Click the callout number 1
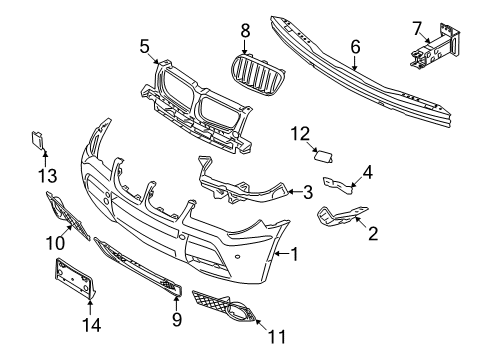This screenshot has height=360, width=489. coord(295,254)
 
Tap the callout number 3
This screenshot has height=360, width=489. coord(309,190)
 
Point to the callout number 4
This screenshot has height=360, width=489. coord(368,171)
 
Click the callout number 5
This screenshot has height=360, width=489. coord(144,45)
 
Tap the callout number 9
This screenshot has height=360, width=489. coord(176,320)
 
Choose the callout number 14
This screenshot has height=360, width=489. coord(90,326)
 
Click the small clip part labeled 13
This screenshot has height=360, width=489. coord(38,141)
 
